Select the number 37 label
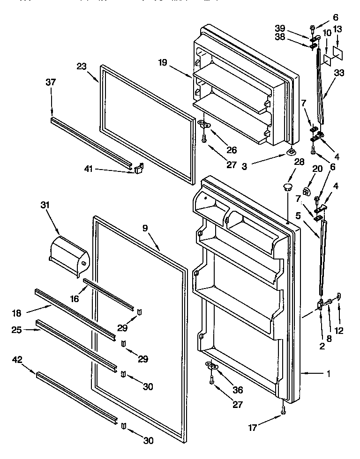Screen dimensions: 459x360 click(51, 82)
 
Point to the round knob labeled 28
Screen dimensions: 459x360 click(286, 187)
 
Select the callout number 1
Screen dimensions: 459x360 click(329, 373)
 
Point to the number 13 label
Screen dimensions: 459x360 click(338, 29)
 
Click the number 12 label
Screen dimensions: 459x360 click(339, 331)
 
